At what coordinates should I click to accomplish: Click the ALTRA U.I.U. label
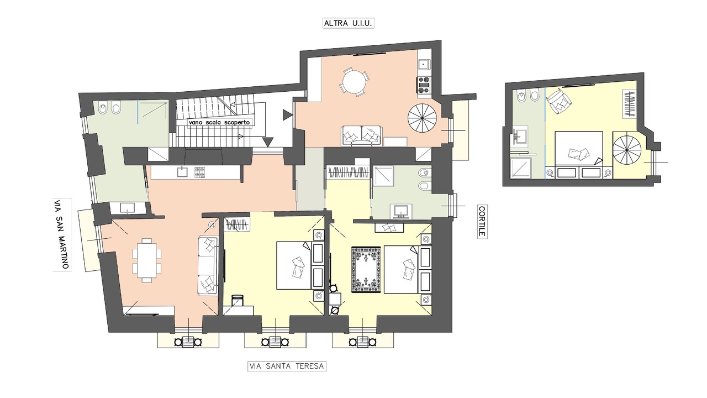point(348,23)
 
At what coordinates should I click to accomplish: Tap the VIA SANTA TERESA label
point(287,366)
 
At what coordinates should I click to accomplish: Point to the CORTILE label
point(482,222)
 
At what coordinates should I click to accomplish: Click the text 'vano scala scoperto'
point(219,122)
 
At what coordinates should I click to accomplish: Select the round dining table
point(354,81)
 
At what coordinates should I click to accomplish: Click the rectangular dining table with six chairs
point(147,260)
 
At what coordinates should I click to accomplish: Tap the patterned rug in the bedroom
point(366,270)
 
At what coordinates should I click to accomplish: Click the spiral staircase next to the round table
point(423,118)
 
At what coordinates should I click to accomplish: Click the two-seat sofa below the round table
point(361,136)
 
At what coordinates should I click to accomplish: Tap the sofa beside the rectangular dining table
point(208,266)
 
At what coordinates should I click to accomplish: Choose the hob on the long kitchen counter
point(199,172)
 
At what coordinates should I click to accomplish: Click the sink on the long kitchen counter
point(182,171)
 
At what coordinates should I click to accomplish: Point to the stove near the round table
point(424,85)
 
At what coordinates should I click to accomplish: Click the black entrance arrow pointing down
point(268,142)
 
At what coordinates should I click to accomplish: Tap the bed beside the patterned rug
point(402,269)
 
